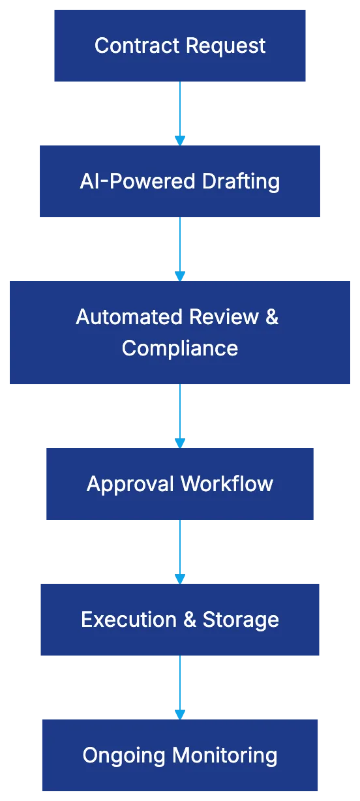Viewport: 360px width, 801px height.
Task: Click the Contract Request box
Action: pyautogui.click(x=179, y=45)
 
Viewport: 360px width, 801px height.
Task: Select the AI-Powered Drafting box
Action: pyautogui.click(x=179, y=181)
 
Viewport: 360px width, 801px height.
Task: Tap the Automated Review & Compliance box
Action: pyautogui.click(x=179, y=331)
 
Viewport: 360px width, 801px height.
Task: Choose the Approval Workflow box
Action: pyautogui.click(x=179, y=483)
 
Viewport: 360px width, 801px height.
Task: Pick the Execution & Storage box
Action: pyautogui.click(x=179, y=619)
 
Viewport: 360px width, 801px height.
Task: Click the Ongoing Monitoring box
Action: pyautogui.click(x=179, y=755)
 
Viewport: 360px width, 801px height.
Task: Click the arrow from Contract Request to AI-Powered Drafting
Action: pyautogui.click(x=180, y=112)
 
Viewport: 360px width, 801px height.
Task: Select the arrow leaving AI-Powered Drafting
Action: pyautogui.click(x=180, y=248)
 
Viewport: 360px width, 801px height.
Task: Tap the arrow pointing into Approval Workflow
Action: pyautogui.click(x=180, y=415)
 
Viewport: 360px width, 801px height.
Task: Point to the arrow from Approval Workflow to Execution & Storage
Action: pyautogui.click(x=180, y=551)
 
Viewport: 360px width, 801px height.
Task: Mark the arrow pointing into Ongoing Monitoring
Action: pyautogui.click(x=180, y=686)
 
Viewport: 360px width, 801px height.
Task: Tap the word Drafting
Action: pyautogui.click(x=241, y=181)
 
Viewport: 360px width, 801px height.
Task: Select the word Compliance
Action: pyautogui.click(x=179, y=348)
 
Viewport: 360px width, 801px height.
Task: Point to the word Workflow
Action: pyautogui.click(x=226, y=484)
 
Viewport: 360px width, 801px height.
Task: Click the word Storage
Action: pyautogui.click(x=241, y=620)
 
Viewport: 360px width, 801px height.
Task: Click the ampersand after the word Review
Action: pyautogui.click(x=272, y=317)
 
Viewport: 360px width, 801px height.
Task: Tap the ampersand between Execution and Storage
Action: pyautogui.click(x=190, y=620)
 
